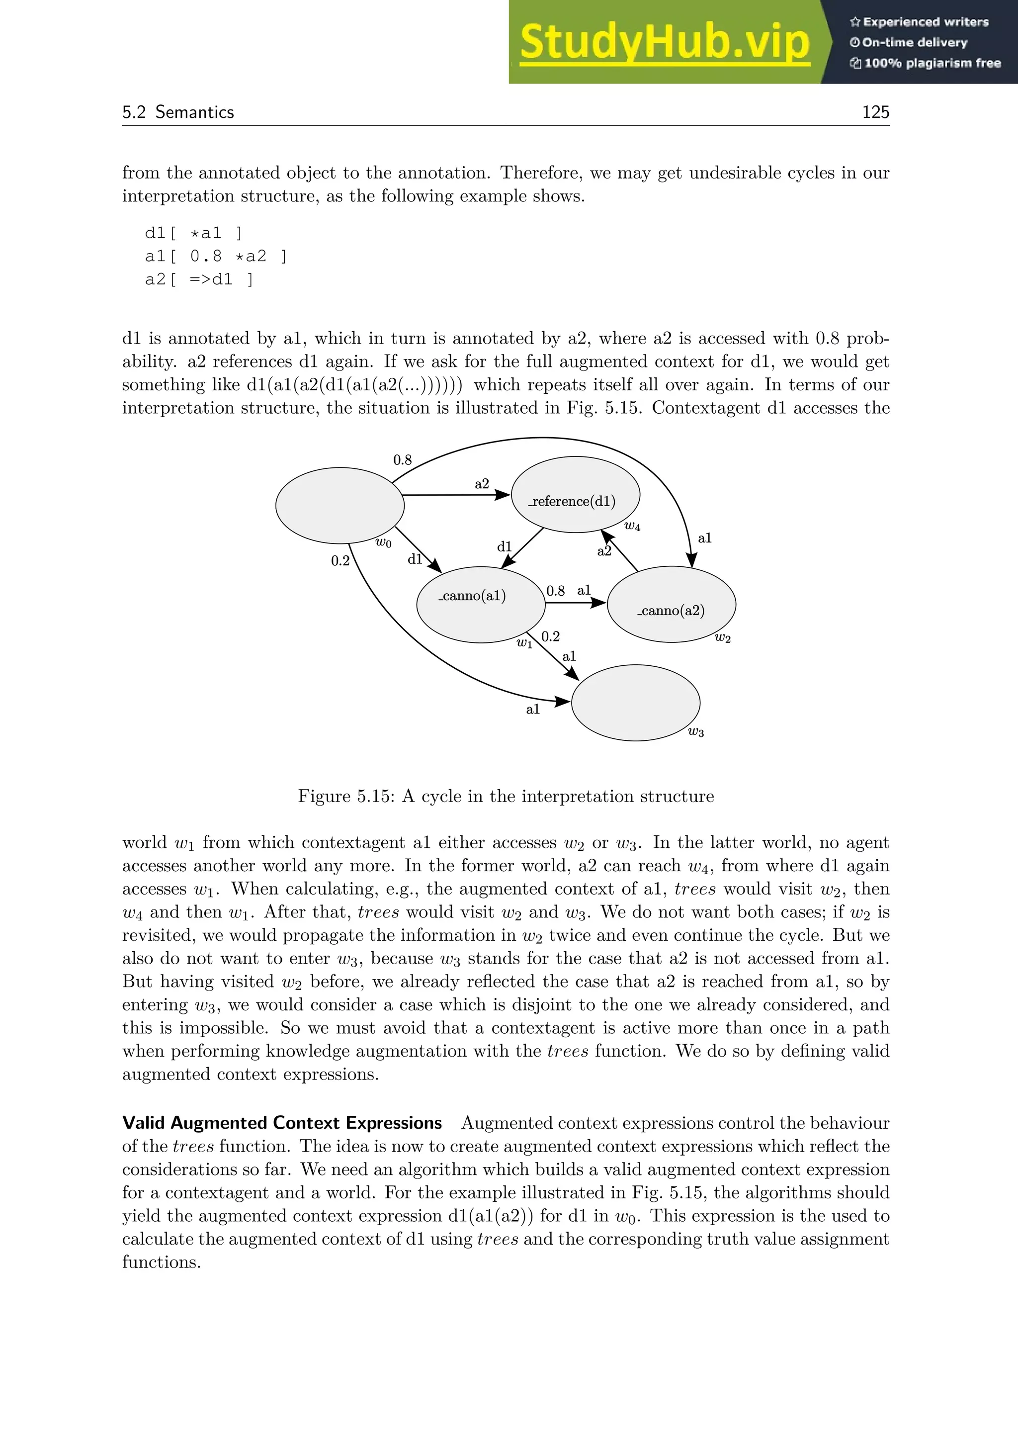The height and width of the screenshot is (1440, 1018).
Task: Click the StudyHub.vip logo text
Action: (665, 42)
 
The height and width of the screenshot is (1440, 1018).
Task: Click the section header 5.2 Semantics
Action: (178, 112)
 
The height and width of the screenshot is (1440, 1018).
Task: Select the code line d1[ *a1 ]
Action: (193, 233)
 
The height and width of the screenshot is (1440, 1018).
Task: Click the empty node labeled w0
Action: (340, 506)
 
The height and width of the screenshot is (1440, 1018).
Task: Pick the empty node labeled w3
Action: (635, 703)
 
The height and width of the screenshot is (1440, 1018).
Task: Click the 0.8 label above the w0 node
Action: (403, 460)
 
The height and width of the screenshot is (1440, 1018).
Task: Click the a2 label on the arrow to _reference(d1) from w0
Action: (482, 483)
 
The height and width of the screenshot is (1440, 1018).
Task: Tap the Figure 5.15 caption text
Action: (506, 797)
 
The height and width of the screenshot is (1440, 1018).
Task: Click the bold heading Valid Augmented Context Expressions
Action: (282, 1123)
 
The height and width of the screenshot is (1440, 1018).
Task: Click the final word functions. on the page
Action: (161, 1262)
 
